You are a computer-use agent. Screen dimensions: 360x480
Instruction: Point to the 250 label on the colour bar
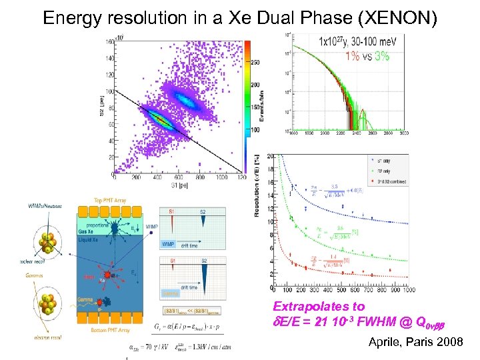click(x=255, y=62)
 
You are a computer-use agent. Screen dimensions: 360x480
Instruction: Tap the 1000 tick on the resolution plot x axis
click(x=407, y=290)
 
